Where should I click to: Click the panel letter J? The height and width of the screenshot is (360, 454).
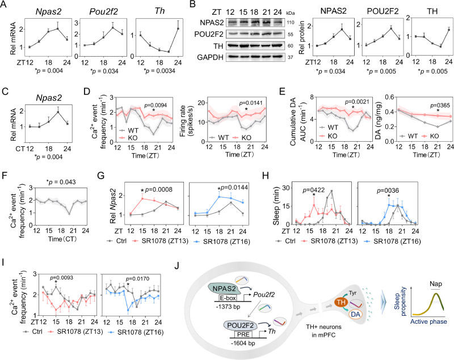click(x=176, y=265)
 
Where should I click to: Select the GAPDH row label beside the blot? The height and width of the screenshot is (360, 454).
click(x=210, y=57)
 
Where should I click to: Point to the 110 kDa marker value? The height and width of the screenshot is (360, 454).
click(x=291, y=23)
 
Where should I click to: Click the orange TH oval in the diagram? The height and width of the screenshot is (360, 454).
click(x=342, y=303)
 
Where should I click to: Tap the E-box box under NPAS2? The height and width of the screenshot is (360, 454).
click(x=228, y=298)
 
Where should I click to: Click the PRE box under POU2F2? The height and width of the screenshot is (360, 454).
click(x=241, y=334)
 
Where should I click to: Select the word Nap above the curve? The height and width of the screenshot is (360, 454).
click(x=436, y=283)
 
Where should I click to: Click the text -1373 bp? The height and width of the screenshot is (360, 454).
click(x=228, y=307)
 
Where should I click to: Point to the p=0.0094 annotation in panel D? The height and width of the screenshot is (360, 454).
click(x=155, y=105)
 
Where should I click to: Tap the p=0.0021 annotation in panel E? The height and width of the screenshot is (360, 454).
click(x=357, y=102)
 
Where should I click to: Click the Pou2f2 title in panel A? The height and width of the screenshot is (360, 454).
click(x=103, y=11)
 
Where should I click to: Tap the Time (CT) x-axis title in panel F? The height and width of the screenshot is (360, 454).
click(x=61, y=239)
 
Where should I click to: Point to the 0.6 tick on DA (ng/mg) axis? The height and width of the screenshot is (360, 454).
click(x=389, y=97)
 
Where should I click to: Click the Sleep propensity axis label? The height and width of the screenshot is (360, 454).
click(x=401, y=302)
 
